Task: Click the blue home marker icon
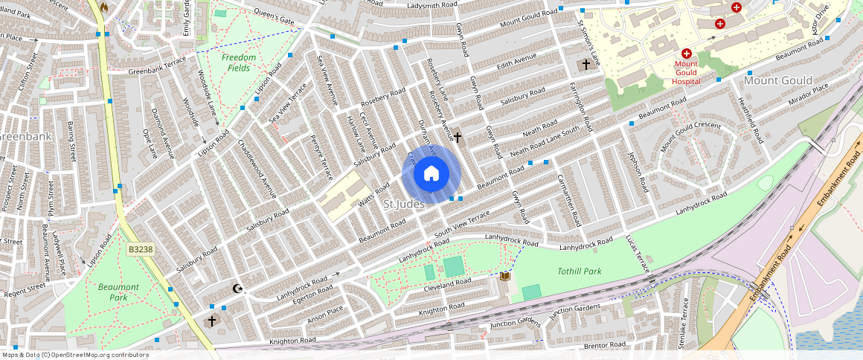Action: coord(431,174)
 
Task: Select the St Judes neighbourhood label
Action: coord(404,204)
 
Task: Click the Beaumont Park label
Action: coord(118,292)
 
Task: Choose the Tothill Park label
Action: coord(579,271)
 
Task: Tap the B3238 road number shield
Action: coord(140,251)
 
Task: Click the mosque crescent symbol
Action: coord(238,289)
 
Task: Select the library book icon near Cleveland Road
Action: coord(505,276)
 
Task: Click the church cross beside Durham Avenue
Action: coord(458,138)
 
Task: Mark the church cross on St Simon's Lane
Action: coord(586,65)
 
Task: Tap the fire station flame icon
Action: coord(103,7)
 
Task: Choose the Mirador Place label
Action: coord(808,90)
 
